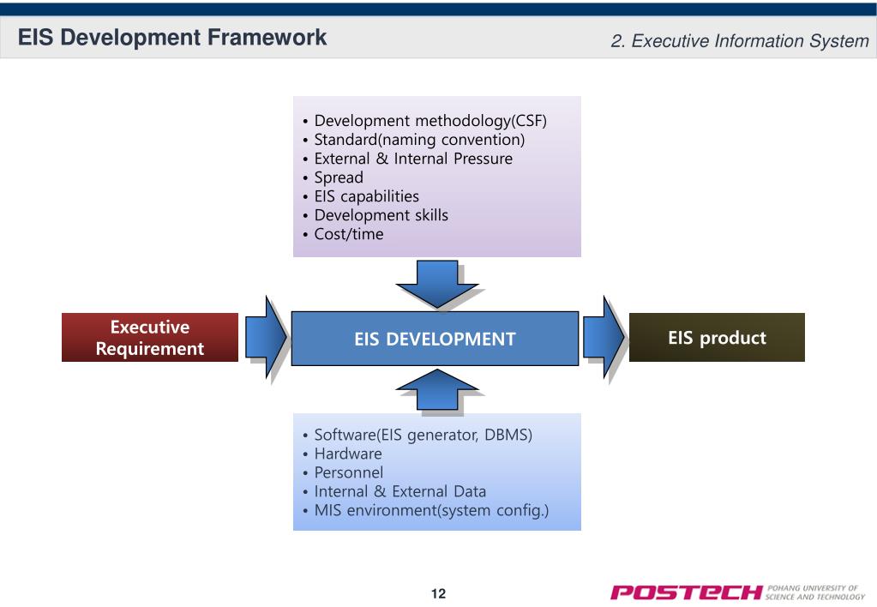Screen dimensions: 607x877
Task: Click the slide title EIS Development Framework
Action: coord(173,38)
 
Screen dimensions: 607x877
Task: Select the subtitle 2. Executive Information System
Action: coord(740,40)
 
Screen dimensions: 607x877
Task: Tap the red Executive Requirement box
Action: coord(150,338)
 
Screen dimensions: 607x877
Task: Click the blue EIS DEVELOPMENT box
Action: coord(435,339)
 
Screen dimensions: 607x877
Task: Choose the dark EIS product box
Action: coord(717,338)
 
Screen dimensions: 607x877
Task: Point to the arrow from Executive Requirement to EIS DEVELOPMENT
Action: coord(267,338)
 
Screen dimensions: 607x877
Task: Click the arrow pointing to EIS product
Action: coord(605,338)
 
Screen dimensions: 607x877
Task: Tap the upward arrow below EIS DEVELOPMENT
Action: coord(436,390)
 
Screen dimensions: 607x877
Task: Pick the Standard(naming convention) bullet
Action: coord(419,140)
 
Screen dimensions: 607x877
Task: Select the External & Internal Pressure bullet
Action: coord(413,159)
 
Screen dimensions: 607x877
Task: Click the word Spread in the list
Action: coord(339,177)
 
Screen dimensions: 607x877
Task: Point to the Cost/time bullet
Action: coord(349,234)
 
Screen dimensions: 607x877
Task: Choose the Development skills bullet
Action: coord(381,215)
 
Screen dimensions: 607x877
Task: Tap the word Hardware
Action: coord(348,454)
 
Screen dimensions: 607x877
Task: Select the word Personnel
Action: coord(349,472)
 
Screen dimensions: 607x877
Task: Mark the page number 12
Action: coord(438,593)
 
